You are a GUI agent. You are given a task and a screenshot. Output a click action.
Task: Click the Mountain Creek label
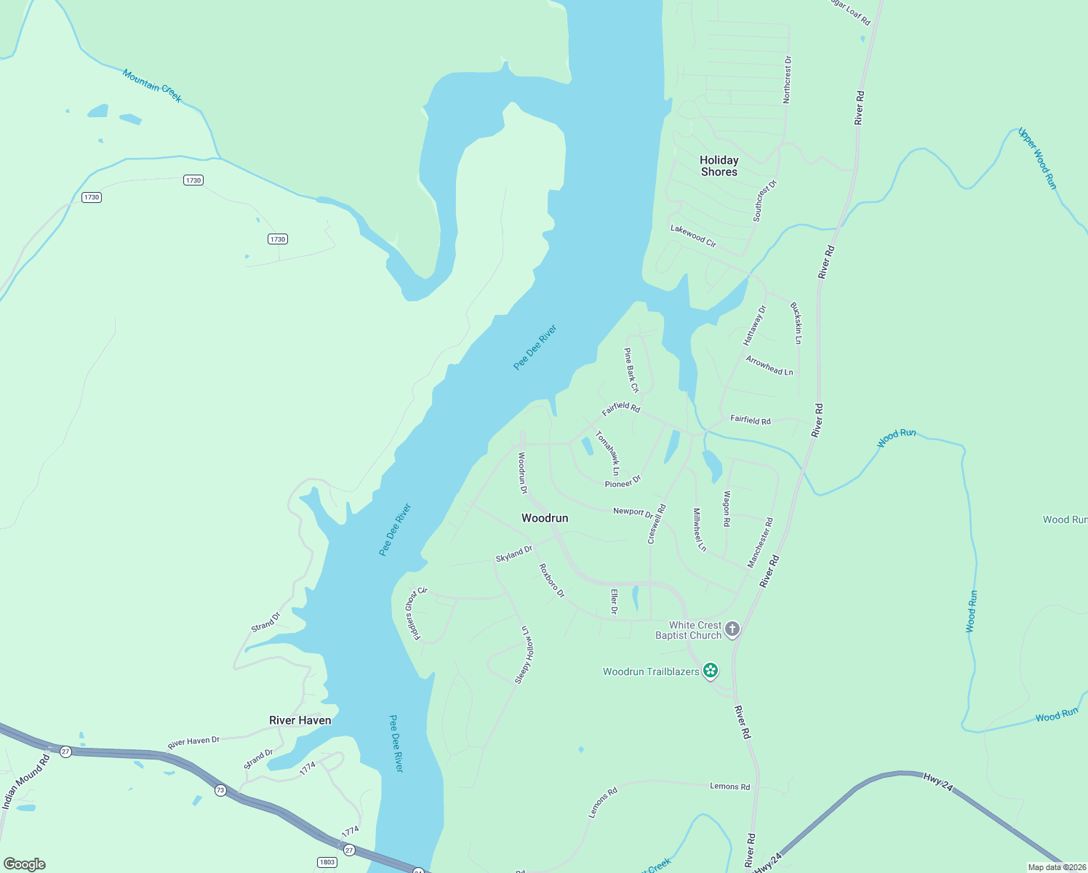pyautogui.click(x=152, y=86)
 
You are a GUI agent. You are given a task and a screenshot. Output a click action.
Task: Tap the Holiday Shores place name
pyautogui.click(x=719, y=166)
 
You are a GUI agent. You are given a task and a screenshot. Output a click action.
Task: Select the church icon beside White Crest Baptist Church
pyautogui.click(x=732, y=629)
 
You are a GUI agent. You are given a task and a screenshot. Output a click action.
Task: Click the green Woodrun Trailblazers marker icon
pyautogui.click(x=711, y=671)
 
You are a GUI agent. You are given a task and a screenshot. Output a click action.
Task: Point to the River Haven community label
pyautogui.click(x=300, y=720)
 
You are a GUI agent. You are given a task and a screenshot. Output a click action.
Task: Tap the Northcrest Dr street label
pyautogui.click(x=787, y=79)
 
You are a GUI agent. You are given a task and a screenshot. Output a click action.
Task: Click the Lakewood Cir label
pyautogui.click(x=693, y=236)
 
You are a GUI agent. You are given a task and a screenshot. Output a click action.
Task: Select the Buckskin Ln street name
pyautogui.click(x=796, y=323)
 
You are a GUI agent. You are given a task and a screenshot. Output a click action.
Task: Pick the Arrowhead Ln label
pyautogui.click(x=769, y=365)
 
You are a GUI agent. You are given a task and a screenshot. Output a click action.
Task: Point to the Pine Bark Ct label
pyautogui.click(x=631, y=370)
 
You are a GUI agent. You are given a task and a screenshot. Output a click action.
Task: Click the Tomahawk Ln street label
pyautogui.click(x=608, y=453)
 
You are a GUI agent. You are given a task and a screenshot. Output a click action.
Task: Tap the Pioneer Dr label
pyautogui.click(x=623, y=482)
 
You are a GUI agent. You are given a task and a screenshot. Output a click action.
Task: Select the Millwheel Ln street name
pyautogui.click(x=699, y=530)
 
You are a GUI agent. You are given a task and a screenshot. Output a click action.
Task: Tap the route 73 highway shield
pyautogui.click(x=220, y=790)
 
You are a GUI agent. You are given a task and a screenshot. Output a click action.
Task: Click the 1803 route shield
pyautogui.click(x=327, y=862)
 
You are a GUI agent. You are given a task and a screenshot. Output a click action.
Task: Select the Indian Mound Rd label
pyautogui.click(x=25, y=782)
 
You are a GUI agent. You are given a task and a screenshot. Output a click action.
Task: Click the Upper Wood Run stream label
pyautogui.click(x=1037, y=159)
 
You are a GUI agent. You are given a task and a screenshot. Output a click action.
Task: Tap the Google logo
pyautogui.click(x=25, y=864)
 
